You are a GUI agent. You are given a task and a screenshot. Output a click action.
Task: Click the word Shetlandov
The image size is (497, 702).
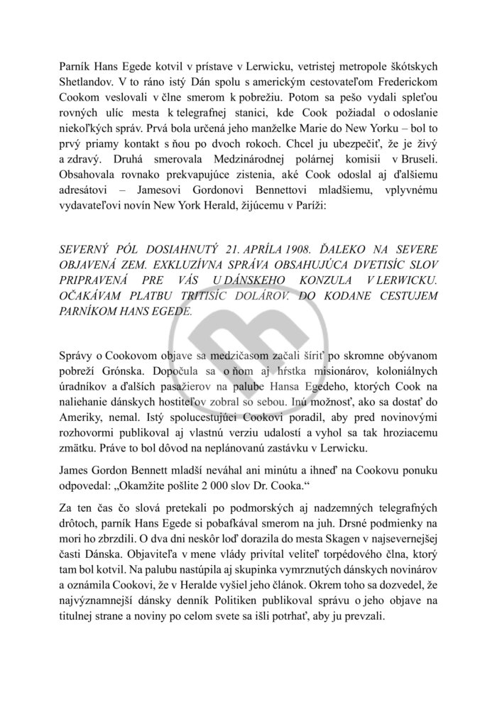click(87, 80)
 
